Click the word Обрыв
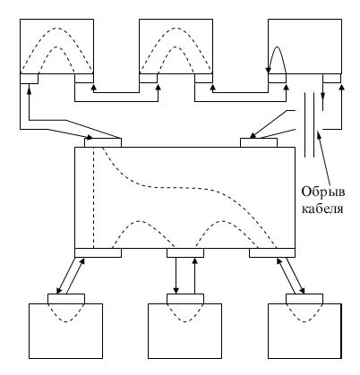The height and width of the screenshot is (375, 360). [x=323, y=192]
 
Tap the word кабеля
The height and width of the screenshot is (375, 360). [x=322, y=209]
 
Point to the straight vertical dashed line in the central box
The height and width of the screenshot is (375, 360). [x=94, y=198]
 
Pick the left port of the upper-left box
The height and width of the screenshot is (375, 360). [x=29, y=79]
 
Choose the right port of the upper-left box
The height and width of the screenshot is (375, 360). [x=84, y=79]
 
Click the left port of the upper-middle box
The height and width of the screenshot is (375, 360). [x=149, y=79]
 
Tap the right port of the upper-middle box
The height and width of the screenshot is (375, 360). [x=203, y=79]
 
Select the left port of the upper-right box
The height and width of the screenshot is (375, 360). [x=277, y=79]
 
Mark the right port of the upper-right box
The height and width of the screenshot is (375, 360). [x=332, y=79]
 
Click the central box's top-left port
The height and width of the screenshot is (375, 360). [x=103, y=142]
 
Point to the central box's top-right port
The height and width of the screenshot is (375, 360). [x=259, y=142]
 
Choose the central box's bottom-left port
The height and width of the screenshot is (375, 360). [x=98, y=252]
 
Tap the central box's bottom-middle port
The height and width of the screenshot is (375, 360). [x=185, y=252]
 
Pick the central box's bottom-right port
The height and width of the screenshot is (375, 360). [x=272, y=252]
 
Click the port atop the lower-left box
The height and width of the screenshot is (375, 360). [x=66, y=299]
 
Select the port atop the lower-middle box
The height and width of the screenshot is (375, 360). [x=185, y=299]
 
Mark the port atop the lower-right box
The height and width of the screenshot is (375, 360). [x=304, y=299]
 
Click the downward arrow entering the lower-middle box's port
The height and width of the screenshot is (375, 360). [x=176, y=276]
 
